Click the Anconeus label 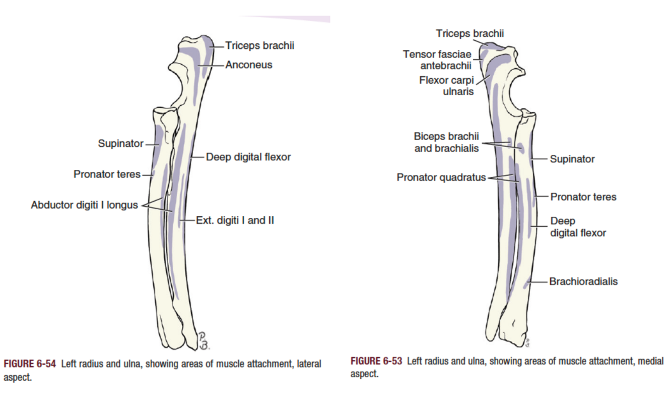pos(248,65)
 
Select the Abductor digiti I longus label pos(84,205)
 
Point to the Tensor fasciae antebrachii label pos(437,59)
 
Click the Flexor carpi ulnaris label pos(446,86)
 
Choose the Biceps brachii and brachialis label pos(446,142)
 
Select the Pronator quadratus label pos(441,177)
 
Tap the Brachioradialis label pos(583,281)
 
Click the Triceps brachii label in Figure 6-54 pos(259,46)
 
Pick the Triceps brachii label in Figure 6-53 pos(469,34)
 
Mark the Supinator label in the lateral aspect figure pos(120,144)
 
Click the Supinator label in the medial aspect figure pos(572,159)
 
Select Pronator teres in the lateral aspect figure pos(107,174)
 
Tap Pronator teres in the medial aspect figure pos(583,197)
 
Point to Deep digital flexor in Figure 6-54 pos(248,157)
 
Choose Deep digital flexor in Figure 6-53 pos(577,227)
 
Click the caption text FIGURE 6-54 pos(30,364)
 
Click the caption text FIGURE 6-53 pos(376,362)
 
